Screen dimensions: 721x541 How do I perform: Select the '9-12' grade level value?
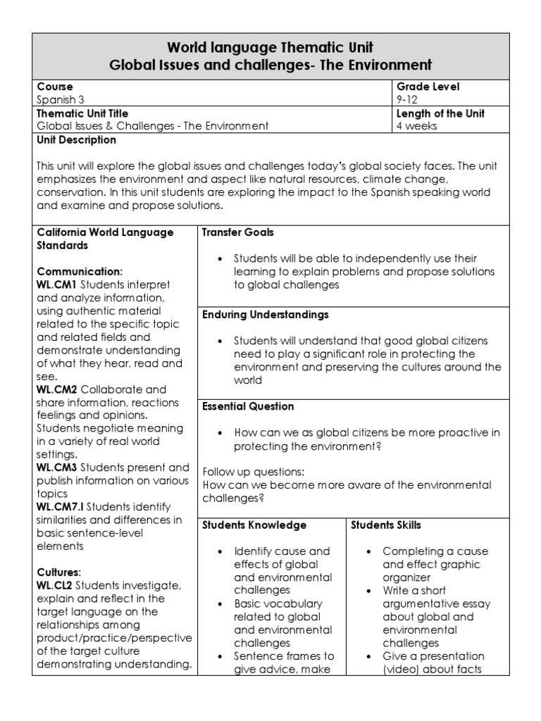[408, 100]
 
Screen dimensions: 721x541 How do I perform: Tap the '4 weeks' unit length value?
[417, 126]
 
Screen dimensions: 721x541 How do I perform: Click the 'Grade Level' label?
[428, 87]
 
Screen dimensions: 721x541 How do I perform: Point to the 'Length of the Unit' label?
[441, 113]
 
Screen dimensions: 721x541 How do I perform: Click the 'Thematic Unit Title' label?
[82, 113]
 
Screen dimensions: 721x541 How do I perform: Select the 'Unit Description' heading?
[77, 140]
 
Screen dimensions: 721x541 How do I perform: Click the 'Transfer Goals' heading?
[238, 232]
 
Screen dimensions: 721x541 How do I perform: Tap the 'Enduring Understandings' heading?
[266, 315]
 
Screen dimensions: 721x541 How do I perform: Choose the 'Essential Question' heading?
[248, 406]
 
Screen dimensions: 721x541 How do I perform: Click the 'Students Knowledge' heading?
[254, 525]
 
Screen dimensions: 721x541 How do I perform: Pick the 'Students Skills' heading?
[386, 525]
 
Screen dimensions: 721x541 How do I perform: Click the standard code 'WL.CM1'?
[56, 284]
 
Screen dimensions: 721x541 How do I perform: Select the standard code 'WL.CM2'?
[56, 389]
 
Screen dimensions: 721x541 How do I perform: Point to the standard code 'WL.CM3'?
[56, 468]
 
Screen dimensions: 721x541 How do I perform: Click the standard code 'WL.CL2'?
[55, 586]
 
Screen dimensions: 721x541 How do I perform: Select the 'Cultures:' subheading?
[58, 572]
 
